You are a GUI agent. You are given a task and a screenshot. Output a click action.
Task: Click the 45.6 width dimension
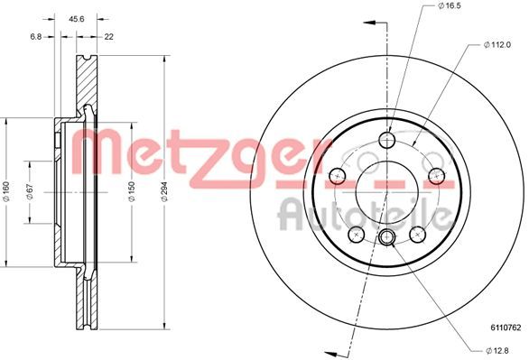pyautogui.click(x=77, y=16)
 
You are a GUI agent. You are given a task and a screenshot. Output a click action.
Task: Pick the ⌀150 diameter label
pyautogui.click(x=133, y=190)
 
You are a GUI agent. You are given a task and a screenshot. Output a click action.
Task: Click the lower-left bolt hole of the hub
pyautogui.click(x=357, y=234)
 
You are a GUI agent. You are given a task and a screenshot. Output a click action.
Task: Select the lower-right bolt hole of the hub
pyautogui.click(x=417, y=234)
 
